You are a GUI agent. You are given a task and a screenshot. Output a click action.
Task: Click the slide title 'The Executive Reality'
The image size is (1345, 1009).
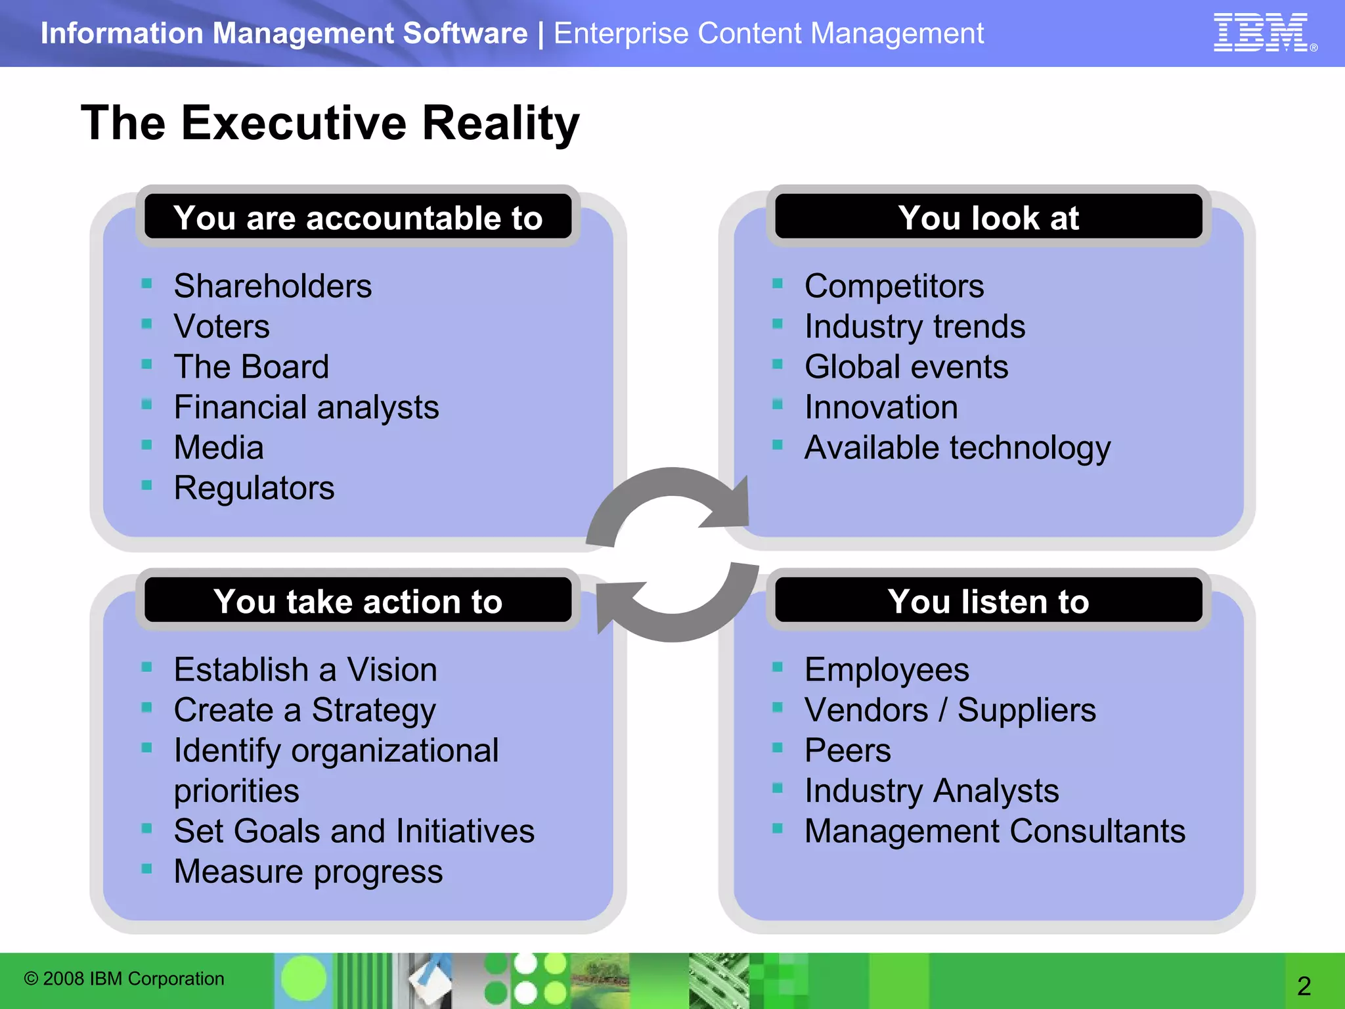coord(330,123)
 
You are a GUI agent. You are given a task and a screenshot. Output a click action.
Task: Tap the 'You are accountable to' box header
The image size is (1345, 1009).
coord(358,217)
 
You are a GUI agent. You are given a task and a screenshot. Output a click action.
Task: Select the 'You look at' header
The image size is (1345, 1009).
coord(988,217)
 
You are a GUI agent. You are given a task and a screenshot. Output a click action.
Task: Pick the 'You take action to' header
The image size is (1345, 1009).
coord(358,601)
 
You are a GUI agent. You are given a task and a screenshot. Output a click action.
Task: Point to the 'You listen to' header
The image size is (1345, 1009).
coord(988,601)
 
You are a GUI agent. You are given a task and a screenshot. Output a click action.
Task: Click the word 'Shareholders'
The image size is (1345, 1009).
coord(273,286)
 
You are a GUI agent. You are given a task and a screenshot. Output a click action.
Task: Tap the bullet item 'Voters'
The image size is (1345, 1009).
coord(221,326)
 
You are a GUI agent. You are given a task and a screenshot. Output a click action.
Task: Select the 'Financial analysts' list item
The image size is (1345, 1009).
coord(306,407)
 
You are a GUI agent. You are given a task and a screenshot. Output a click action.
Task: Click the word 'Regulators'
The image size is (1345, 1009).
coord(254,488)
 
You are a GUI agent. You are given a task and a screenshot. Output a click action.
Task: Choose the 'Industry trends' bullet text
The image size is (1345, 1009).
coord(915,326)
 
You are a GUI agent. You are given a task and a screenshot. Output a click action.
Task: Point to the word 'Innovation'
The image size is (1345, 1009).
coord(881,407)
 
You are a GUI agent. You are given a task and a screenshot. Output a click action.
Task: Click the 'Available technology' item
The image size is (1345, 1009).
coord(958,448)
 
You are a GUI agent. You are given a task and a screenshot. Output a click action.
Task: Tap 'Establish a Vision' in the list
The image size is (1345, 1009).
coord(305,670)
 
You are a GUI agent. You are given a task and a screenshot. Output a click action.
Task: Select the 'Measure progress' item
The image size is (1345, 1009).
coord(308,872)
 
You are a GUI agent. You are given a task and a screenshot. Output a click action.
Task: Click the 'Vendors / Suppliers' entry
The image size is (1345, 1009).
coord(950,710)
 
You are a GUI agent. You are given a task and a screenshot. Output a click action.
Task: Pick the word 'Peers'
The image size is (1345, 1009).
coord(848,750)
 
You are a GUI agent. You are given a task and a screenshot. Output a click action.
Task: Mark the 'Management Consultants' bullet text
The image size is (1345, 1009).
coord(995,831)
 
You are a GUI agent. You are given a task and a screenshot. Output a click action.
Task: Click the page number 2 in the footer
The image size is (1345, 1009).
coord(1304,985)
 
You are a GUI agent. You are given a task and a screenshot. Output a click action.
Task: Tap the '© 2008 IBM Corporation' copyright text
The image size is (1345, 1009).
coord(124,979)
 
